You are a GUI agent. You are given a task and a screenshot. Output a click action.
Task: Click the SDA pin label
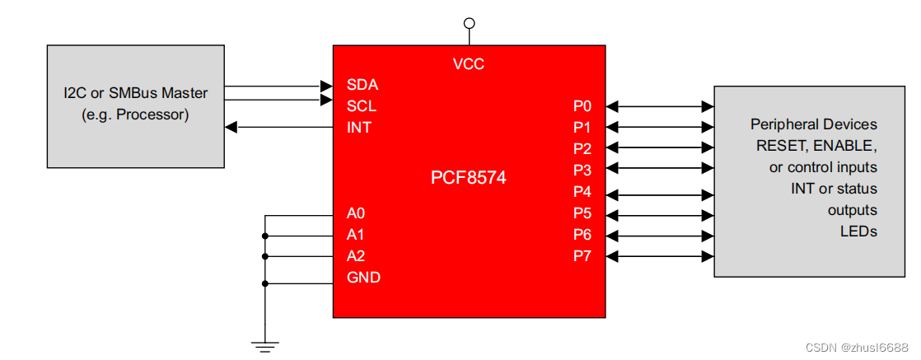362,85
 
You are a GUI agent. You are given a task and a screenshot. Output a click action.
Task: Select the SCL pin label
362,106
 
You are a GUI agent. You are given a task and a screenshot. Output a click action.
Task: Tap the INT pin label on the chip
359,128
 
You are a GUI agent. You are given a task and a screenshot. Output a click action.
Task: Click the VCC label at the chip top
469,63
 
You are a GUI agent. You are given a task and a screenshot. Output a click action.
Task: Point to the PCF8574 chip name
469,178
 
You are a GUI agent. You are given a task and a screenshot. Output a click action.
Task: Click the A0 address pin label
356,213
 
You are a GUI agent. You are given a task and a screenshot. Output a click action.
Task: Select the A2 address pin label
356,256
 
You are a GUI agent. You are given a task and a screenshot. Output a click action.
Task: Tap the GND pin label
363,278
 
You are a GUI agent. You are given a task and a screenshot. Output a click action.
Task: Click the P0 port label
582,106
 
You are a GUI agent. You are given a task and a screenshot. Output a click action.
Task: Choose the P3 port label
582,171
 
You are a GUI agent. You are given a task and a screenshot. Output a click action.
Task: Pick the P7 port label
582,256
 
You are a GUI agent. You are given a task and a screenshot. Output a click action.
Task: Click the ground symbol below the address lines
264,346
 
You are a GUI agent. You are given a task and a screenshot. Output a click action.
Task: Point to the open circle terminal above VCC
470,23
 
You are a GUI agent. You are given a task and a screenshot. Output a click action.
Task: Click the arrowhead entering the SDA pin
326,85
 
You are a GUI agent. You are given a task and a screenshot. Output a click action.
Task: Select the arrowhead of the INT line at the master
231,128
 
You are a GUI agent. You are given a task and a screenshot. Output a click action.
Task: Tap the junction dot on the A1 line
265,236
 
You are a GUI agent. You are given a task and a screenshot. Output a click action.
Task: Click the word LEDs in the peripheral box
858,231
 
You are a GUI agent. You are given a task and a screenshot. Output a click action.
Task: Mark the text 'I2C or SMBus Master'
136,93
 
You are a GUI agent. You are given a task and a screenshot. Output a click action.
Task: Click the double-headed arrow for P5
659,214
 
